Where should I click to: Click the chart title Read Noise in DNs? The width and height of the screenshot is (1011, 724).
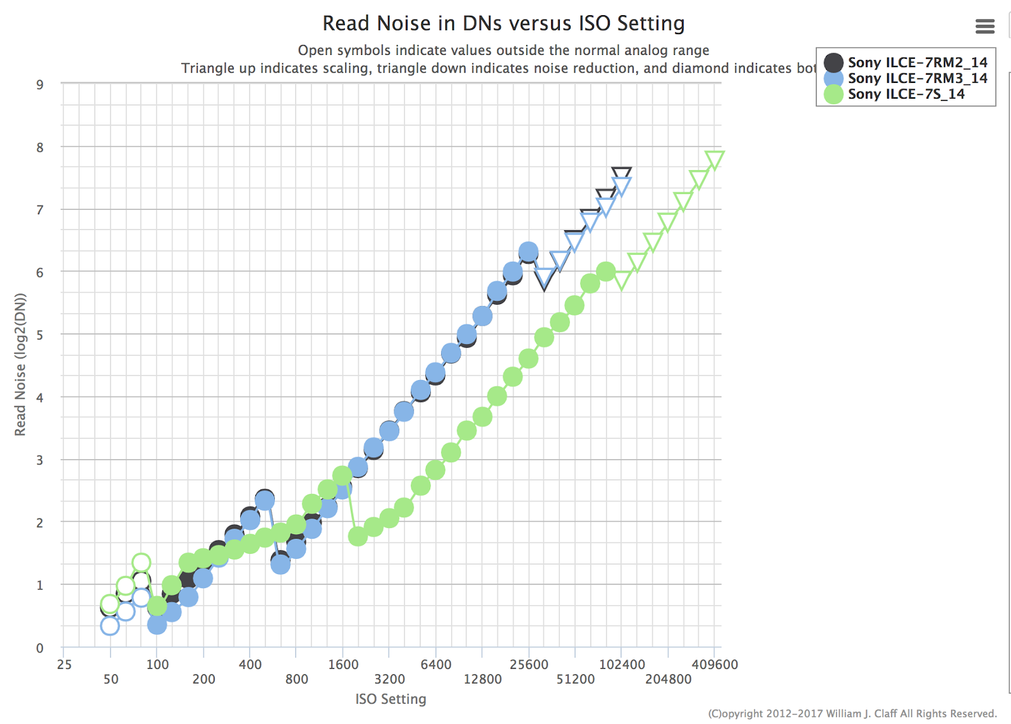(503, 23)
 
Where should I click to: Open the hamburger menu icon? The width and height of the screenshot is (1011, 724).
(984, 26)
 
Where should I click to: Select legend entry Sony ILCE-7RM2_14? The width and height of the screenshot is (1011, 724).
(917, 62)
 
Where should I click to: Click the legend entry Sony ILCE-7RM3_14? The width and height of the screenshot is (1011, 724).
(917, 78)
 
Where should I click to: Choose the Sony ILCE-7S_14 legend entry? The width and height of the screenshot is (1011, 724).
(905, 94)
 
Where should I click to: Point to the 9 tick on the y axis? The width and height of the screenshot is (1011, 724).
(40, 85)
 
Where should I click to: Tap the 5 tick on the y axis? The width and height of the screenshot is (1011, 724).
(40, 334)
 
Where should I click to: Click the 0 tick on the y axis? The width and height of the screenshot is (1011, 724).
(40, 647)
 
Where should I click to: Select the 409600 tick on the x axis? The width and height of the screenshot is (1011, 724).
(714, 665)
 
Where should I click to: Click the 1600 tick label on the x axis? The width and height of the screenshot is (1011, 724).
(343, 665)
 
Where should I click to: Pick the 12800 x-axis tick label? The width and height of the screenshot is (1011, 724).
(482, 679)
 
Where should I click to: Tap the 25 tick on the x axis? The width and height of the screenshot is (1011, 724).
(64, 665)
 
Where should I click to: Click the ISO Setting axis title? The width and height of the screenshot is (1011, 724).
(390, 699)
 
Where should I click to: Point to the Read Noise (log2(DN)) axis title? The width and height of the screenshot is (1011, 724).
(20, 365)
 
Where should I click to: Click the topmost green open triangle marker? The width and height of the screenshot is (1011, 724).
(714, 159)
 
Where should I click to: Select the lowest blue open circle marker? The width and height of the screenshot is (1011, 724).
(110, 626)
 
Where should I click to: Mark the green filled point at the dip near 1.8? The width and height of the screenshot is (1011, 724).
(358, 536)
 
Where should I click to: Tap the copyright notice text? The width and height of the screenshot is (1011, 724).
(852, 713)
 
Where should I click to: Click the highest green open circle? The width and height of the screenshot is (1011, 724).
(141, 562)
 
